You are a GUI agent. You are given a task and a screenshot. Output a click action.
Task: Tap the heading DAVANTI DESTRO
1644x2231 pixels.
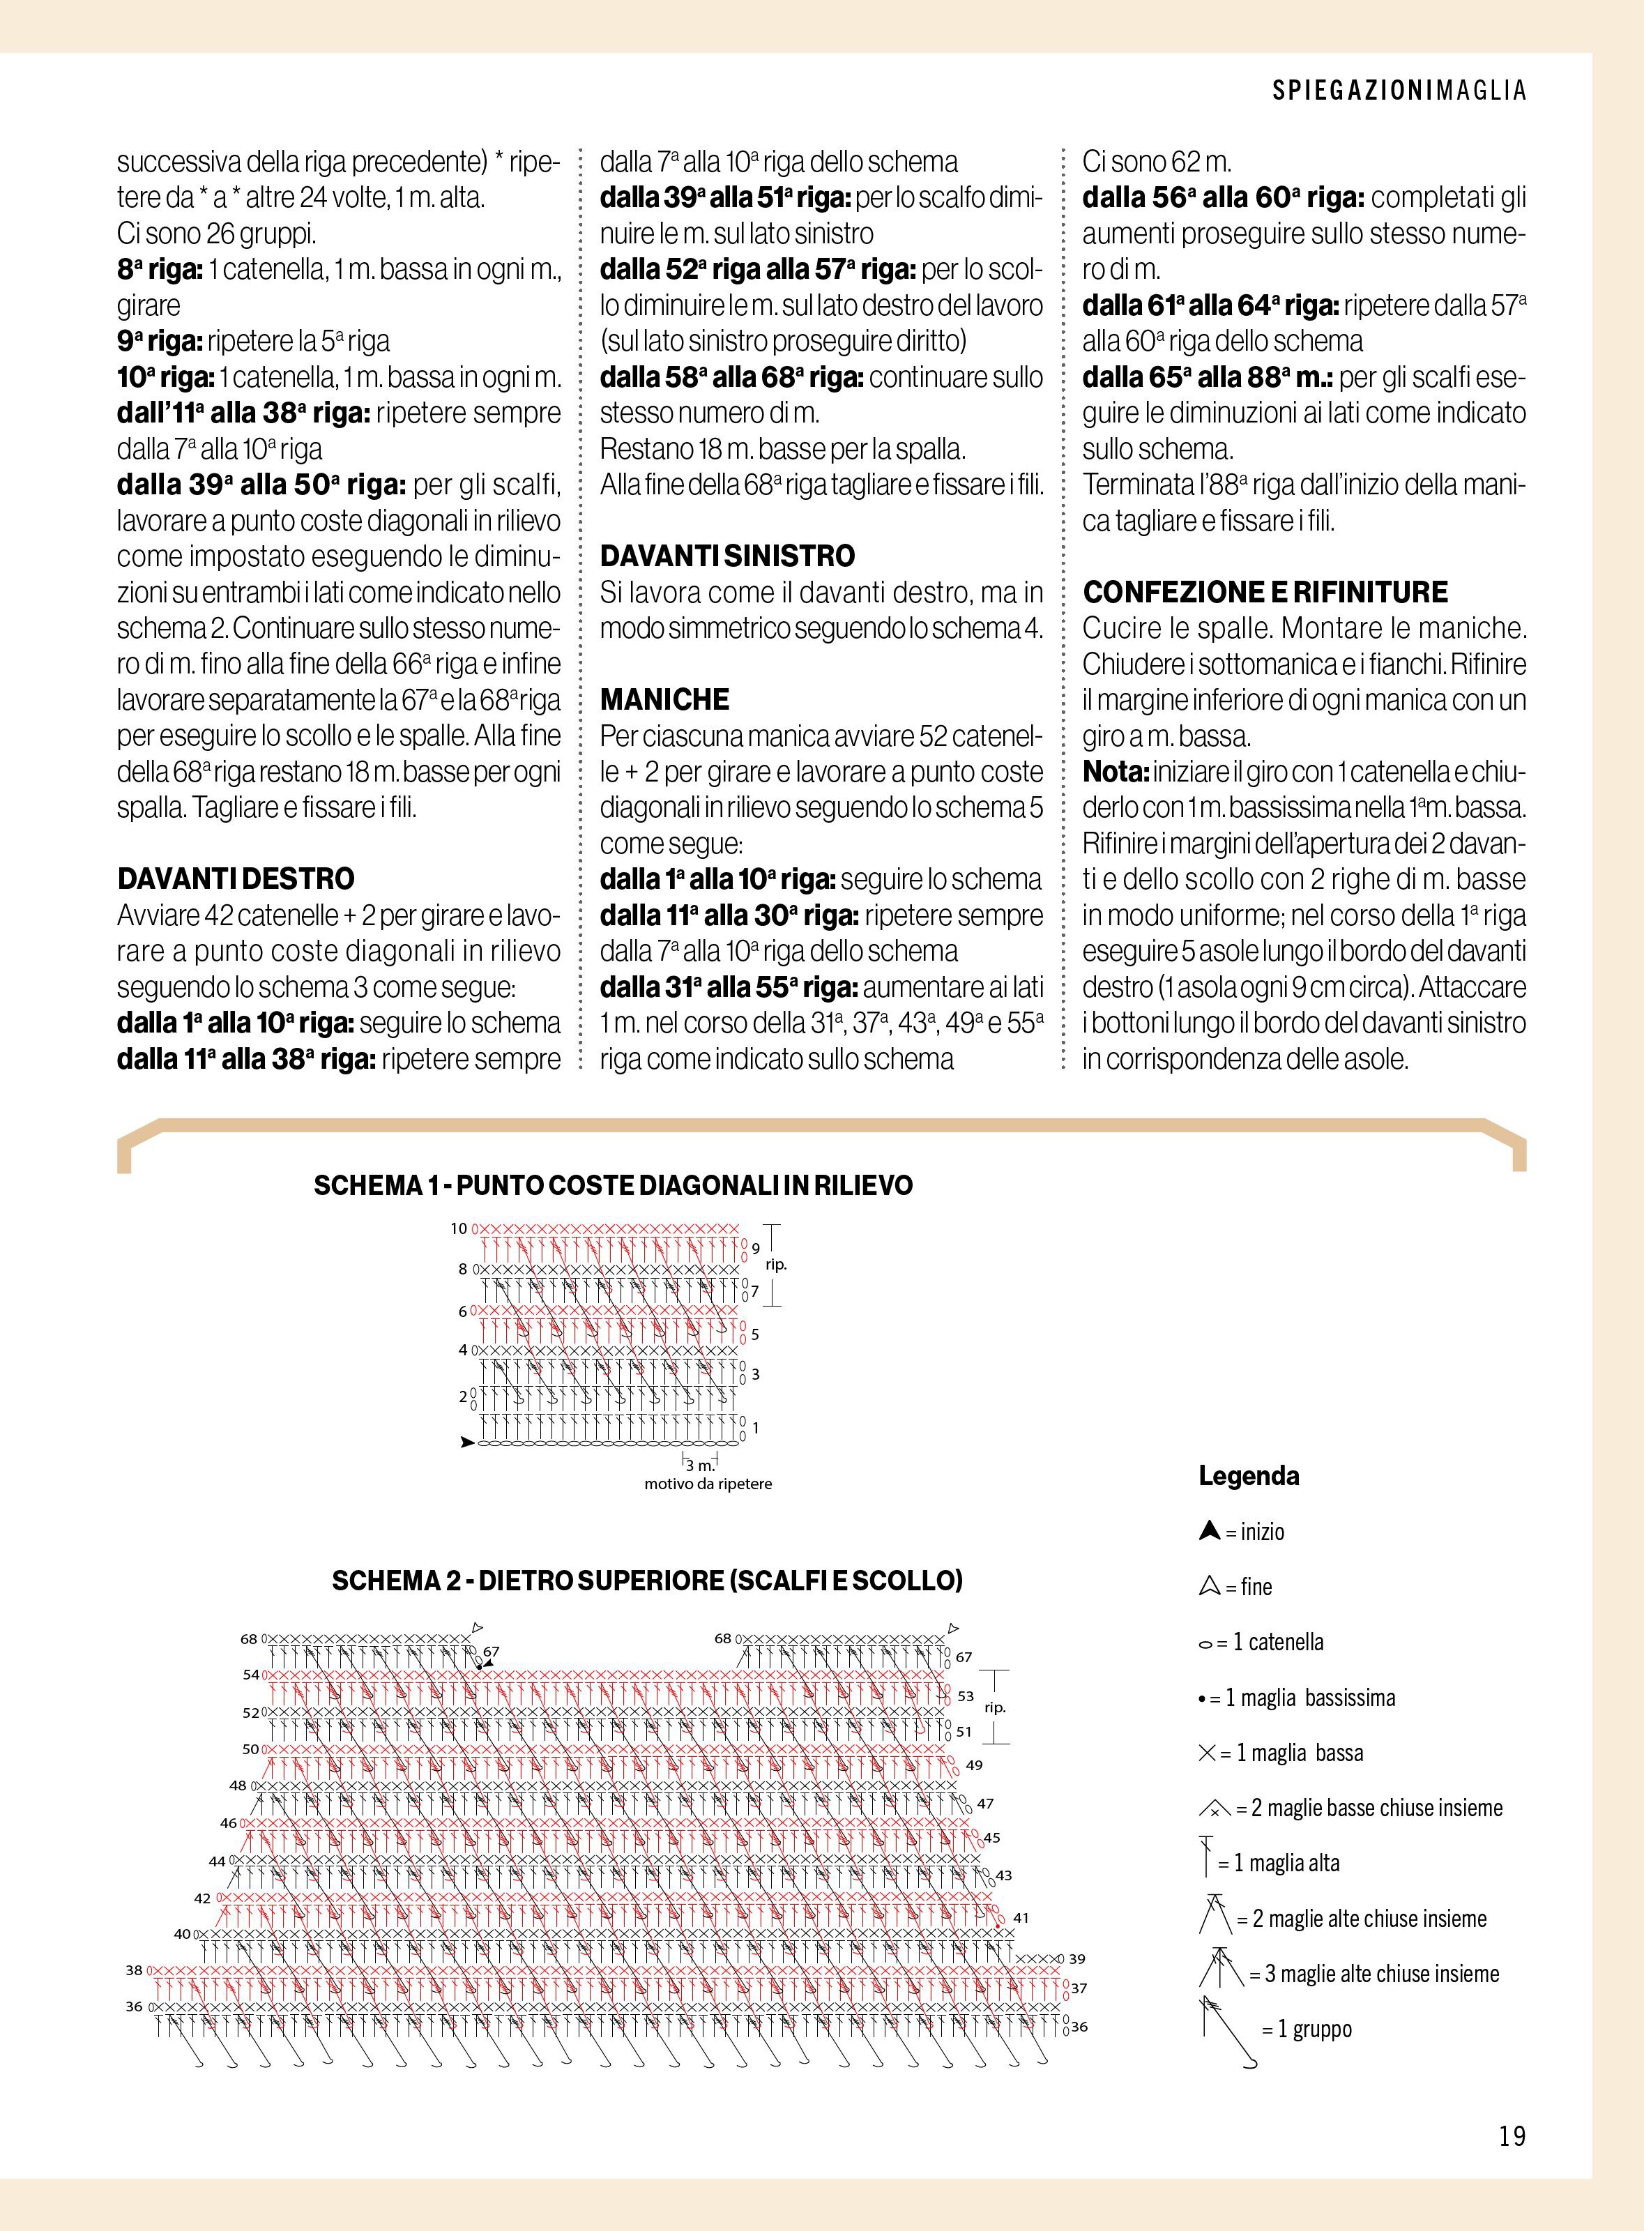tap(236, 878)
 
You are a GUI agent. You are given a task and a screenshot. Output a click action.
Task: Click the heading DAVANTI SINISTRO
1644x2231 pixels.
tap(727, 555)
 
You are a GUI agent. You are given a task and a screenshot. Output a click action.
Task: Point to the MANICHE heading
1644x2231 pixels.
tap(664, 699)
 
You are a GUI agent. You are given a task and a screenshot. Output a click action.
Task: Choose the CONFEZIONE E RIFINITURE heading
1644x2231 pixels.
tap(1265, 592)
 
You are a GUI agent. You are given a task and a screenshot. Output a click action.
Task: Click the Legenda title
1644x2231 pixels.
tap(1249, 1476)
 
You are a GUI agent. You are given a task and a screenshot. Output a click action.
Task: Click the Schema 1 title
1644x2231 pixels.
tap(613, 1185)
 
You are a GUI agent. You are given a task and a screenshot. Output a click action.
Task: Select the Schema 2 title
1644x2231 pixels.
tap(647, 1581)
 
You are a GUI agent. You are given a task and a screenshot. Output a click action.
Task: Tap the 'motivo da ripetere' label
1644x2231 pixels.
tap(708, 1484)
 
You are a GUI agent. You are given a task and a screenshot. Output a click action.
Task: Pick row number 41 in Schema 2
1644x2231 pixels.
tap(1021, 1917)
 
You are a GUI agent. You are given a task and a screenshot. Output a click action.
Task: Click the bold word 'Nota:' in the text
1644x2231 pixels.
tap(1116, 772)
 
